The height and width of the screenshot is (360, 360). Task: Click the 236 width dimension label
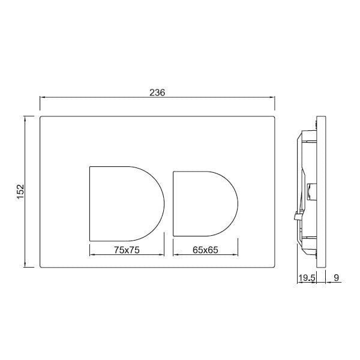coord(157,92)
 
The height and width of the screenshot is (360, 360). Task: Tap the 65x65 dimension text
coord(205,251)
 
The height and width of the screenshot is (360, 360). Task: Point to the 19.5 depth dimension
coord(306,278)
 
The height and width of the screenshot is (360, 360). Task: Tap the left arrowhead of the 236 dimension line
coord(42,97)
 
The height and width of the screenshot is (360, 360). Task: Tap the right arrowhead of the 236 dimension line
coord(272,97)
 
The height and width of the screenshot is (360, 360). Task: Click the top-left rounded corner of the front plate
coord(41,118)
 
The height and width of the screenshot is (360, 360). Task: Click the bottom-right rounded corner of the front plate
coord(273,266)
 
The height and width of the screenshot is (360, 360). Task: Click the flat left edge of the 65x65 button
coord(173,203)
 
